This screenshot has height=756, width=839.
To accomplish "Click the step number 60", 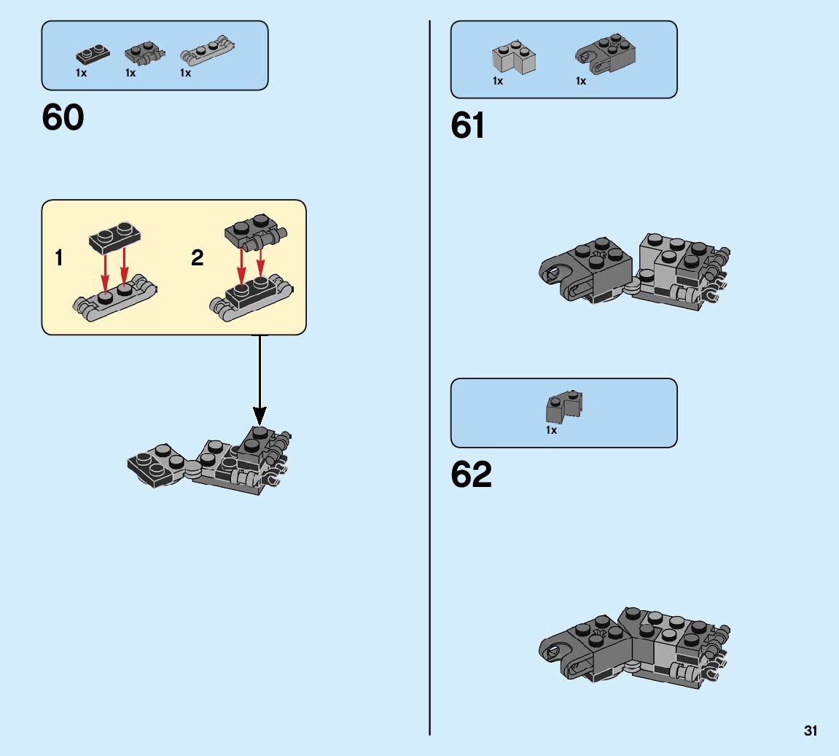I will point(63,117).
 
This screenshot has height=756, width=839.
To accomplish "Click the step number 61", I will point(468,126).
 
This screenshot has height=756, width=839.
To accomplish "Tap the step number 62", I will point(471,475).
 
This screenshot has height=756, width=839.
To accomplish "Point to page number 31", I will point(811,731).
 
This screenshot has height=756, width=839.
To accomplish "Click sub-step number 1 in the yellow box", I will point(59,258).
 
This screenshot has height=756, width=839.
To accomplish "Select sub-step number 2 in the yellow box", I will point(197,258).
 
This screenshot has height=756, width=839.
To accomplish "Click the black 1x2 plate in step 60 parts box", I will point(93,54).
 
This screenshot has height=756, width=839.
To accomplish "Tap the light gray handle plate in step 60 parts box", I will point(209,52).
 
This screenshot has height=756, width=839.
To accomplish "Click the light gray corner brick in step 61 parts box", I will point(514,59).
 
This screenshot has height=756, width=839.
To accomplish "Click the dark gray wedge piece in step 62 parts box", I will point(564,407).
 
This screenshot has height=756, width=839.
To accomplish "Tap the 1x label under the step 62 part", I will point(552,431).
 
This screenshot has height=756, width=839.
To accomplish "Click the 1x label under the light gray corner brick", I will point(498,82).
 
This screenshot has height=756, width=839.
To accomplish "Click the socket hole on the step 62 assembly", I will point(553,650).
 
